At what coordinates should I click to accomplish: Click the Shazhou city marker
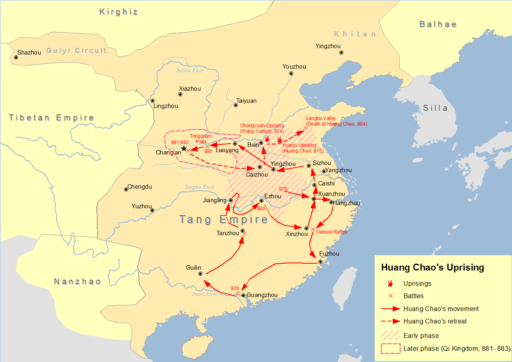(x=16, y=57)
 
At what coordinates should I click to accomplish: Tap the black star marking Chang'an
(x=184, y=149)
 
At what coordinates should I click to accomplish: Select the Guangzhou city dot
(x=243, y=295)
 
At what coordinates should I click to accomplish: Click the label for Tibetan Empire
(x=51, y=118)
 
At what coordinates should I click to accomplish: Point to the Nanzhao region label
(x=77, y=281)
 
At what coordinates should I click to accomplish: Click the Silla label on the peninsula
(x=435, y=108)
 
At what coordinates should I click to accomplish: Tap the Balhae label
(x=438, y=24)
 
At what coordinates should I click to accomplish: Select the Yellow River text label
(x=190, y=71)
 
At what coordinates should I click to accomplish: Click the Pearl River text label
(x=204, y=294)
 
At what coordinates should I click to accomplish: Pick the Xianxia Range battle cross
(x=313, y=229)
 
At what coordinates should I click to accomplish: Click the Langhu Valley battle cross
(x=305, y=128)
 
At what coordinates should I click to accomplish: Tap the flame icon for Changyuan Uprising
(x=267, y=138)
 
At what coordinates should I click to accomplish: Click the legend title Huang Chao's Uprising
(x=432, y=268)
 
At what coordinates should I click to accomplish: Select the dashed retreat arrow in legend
(x=390, y=321)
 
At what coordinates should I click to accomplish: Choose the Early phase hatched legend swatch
(x=390, y=336)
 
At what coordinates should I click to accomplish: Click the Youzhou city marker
(x=291, y=73)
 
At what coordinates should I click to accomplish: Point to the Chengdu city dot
(x=126, y=189)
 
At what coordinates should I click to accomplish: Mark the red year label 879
(x=235, y=289)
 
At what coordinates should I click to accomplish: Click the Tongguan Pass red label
(x=200, y=139)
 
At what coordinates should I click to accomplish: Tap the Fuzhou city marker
(x=320, y=262)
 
